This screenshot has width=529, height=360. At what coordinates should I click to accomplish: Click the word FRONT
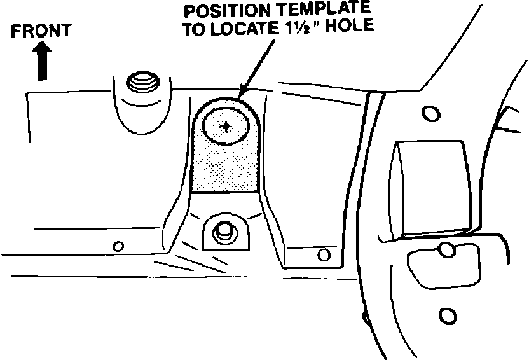pos(41,31)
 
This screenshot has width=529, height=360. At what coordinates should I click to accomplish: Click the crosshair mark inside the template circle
pos(226,127)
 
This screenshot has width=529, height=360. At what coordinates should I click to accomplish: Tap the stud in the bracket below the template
pos(224,231)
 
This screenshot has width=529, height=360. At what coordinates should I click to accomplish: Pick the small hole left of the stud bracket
pos(117,246)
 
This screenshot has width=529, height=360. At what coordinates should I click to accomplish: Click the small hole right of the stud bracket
pos(324,255)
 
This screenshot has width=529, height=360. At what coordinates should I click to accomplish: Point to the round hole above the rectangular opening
pos(430,114)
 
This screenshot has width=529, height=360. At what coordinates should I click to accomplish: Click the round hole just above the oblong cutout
pos(448,249)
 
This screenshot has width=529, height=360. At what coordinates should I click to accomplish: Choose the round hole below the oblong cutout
pos(448,315)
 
